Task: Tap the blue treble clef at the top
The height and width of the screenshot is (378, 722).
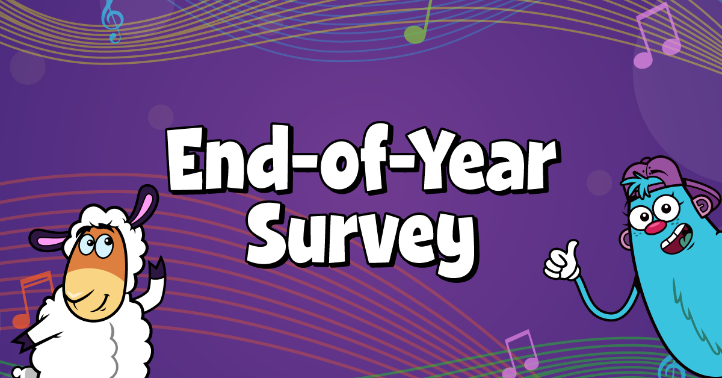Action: [112, 21]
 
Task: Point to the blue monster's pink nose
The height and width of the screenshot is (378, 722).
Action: [655, 228]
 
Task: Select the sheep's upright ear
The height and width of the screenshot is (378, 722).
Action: [144, 204]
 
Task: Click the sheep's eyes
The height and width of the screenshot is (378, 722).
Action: [96, 246]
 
